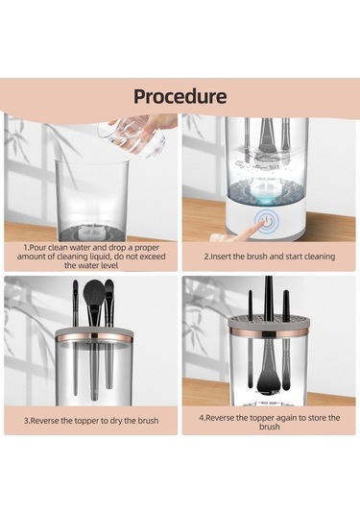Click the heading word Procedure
(x=180, y=96)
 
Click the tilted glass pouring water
(x=134, y=135)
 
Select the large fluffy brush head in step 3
(x=95, y=292)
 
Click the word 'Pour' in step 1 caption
(x=37, y=248)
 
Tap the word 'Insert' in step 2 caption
(x=221, y=257)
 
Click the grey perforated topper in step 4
(x=269, y=322)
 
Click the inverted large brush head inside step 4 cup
(x=266, y=381)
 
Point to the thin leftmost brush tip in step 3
(x=75, y=286)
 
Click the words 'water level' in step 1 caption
(x=91, y=265)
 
